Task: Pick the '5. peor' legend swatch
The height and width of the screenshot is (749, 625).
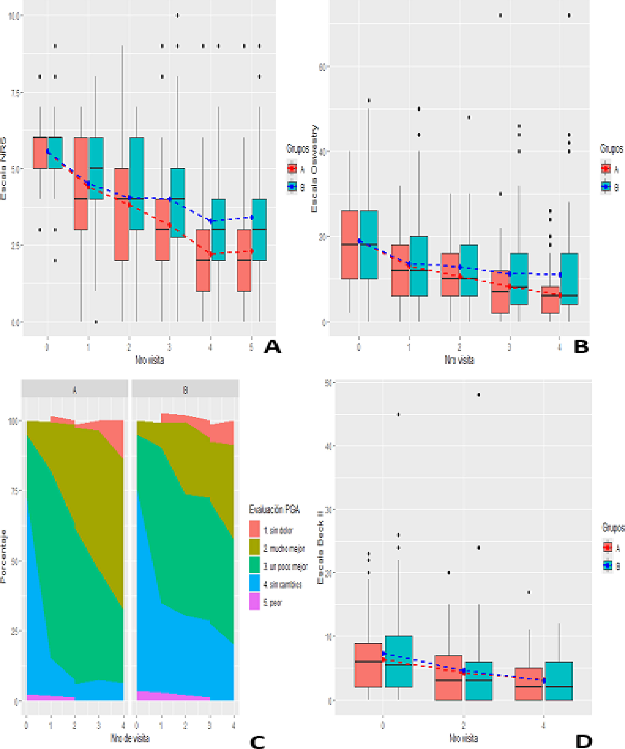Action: [255, 601]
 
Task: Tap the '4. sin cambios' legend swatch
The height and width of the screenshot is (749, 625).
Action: [255, 583]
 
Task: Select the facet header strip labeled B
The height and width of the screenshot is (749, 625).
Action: [185, 389]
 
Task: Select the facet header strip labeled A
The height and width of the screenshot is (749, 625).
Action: [74, 389]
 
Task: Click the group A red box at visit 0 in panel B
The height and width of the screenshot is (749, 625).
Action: [350, 244]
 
